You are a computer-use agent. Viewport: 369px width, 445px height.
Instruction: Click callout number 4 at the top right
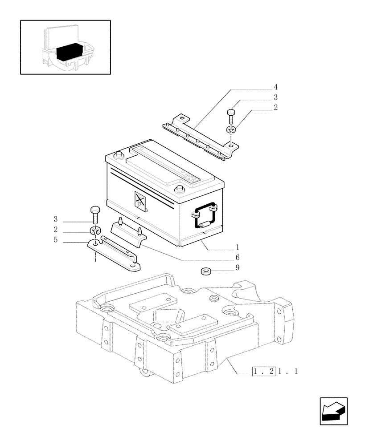(276, 86)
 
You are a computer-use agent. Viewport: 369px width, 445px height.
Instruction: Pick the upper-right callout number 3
(276, 97)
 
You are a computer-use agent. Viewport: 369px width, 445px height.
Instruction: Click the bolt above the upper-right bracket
(231, 116)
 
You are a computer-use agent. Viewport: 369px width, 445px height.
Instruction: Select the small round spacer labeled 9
(205, 271)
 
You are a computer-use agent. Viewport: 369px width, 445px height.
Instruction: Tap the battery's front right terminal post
(180, 189)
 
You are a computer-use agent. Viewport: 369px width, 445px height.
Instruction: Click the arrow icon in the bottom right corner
(333, 411)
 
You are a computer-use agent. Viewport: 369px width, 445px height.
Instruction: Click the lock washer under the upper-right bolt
(230, 131)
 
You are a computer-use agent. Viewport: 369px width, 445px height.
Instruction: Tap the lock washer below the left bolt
(94, 231)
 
